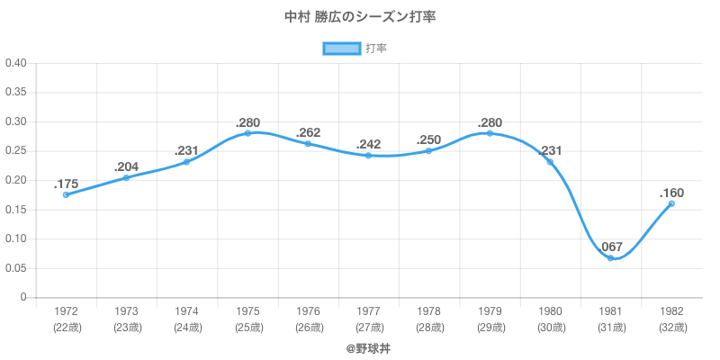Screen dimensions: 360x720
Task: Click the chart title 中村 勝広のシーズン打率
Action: (x=360, y=17)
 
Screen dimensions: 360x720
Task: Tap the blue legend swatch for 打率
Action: (x=341, y=49)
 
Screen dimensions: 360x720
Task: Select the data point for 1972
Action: (x=66, y=194)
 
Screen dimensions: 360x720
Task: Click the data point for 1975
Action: (x=247, y=133)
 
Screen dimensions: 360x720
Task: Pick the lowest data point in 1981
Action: (x=610, y=258)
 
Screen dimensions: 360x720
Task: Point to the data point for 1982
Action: (x=671, y=203)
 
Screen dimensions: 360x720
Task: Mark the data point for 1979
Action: (x=490, y=133)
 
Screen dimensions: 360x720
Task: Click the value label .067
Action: (x=610, y=247)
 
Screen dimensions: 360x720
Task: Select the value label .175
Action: (x=66, y=183)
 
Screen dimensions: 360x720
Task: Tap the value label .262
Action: (x=309, y=132)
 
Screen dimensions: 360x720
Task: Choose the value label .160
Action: (x=671, y=193)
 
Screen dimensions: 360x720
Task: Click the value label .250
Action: (x=429, y=139)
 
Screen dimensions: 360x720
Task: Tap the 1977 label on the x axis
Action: (x=369, y=311)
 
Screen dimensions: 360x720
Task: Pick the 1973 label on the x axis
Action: (x=127, y=311)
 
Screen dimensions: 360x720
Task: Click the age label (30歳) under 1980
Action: (x=550, y=328)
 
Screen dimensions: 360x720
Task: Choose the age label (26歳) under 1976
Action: (x=309, y=328)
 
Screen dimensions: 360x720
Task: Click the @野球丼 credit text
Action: (x=369, y=347)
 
